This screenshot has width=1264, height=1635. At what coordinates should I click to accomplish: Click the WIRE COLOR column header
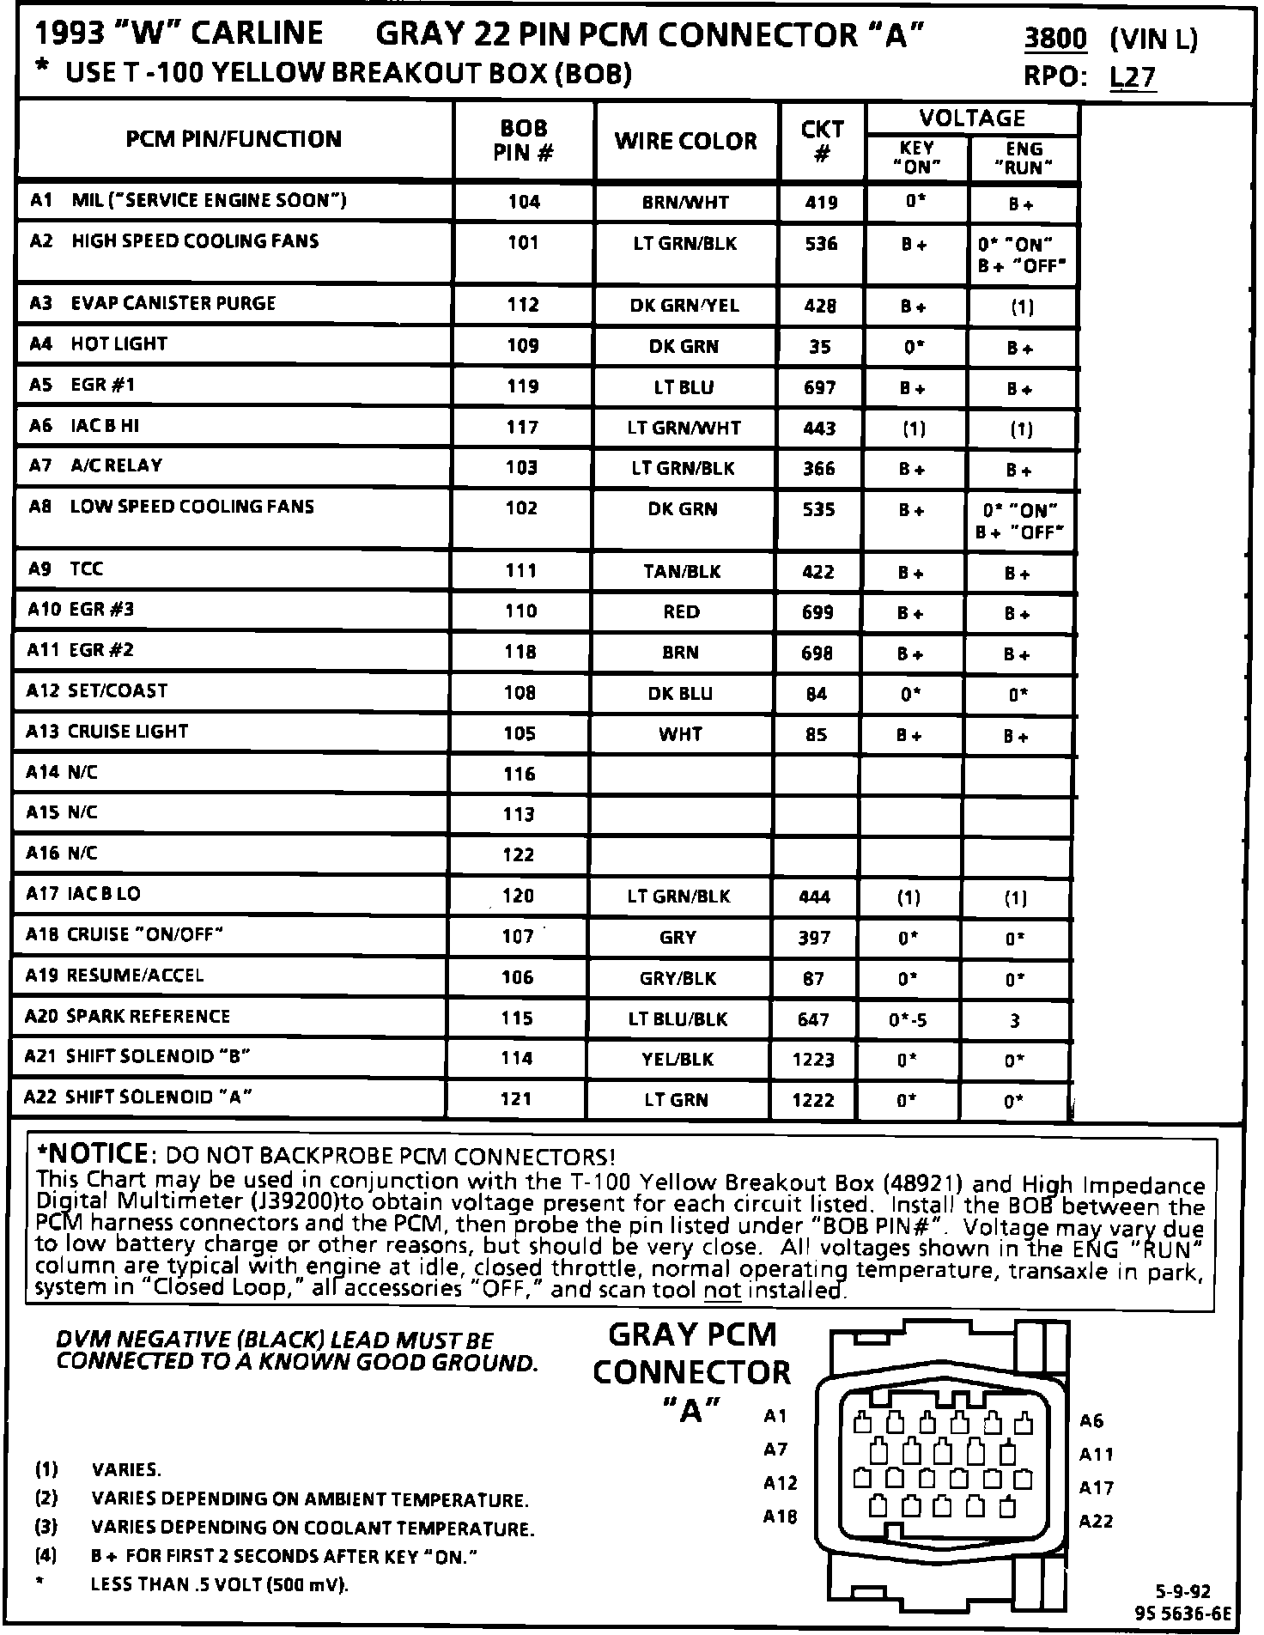click(x=685, y=141)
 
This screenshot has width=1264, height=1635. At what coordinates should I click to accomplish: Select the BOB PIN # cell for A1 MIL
click(x=524, y=203)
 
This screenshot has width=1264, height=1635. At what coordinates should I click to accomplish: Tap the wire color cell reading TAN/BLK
click(x=682, y=572)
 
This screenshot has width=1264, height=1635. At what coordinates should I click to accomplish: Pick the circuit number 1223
click(x=813, y=1060)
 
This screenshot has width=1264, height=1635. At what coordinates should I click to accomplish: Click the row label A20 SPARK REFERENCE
click(x=128, y=1017)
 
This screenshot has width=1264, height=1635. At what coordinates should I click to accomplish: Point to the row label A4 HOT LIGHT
click(x=99, y=344)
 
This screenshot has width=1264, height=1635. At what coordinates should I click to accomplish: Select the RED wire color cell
click(x=682, y=612)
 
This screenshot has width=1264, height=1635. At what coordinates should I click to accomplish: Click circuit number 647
click(x=813, y=1019)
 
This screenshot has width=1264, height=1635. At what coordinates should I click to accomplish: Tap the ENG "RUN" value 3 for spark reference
click(x=1015, y=1021)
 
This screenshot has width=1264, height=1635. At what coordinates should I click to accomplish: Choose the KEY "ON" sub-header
click(x=917, y=158)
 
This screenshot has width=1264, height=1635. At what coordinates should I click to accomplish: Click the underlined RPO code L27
click(x=1133, y=77)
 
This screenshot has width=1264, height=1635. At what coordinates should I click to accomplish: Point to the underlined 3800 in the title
click(x=1055, y=39)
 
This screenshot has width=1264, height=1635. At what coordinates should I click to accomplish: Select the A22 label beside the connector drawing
click(x=1096, y=1522)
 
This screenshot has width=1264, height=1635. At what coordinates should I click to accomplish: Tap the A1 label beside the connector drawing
click(x=775, y=1416)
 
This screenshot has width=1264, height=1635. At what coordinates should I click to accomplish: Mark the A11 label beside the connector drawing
click(x=1096, y=1455)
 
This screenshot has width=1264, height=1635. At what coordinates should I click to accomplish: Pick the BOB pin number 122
click(x=519, y=855)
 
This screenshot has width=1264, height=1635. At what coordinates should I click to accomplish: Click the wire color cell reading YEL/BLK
click(x=678, y=1060)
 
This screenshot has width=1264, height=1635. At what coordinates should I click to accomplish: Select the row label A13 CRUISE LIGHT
click(x=107, y=732)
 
